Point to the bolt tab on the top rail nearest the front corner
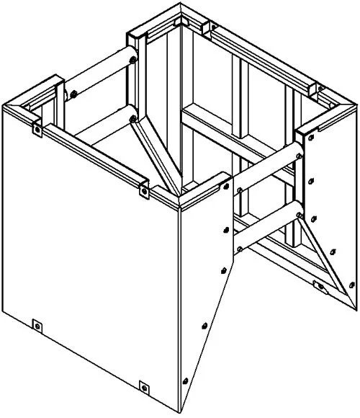point(143,192)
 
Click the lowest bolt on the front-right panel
point(186,381)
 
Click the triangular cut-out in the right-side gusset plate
point(317,245)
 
